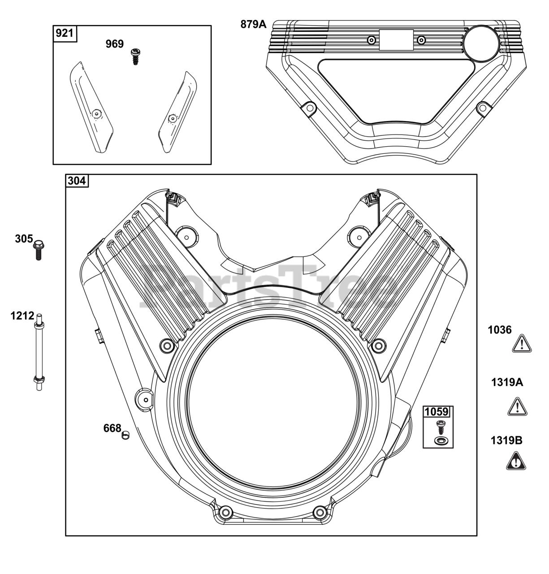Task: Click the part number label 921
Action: coord(65,33)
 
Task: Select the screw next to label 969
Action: coord(134,57)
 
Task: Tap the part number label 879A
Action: coord(253,25)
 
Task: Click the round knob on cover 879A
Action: coord(481,42)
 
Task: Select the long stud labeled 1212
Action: coord(39,352)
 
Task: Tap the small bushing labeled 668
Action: coord(125,435)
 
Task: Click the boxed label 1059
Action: coord(437,412)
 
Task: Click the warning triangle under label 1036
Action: coord(521,344)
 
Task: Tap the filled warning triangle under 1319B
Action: coord(516,461)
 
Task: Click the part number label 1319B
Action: coord(506,440)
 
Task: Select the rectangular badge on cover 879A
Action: coord(396,40)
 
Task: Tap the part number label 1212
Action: coord(22,316)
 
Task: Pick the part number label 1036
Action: coord(500,330)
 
